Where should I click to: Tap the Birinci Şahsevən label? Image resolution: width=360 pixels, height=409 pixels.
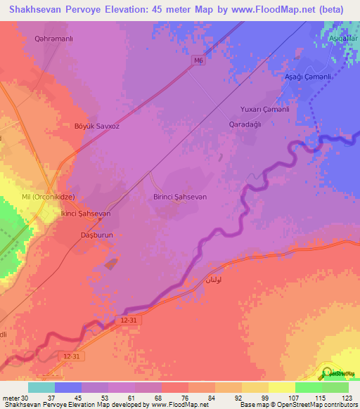coord(180,197)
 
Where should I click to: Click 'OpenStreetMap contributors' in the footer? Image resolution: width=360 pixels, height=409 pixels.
coord(320,405)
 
